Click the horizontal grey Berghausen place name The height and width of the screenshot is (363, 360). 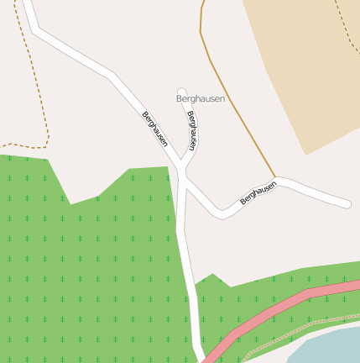click(201, 98)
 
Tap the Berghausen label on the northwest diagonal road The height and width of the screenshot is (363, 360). click(155, 129)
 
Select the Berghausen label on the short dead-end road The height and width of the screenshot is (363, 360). click(193, 130)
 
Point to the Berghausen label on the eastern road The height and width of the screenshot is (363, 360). click(258, 193)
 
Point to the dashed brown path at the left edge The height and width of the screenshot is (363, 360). click(38, 92)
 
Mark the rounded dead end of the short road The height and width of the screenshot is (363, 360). click(181, 91)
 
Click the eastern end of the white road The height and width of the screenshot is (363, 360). click(346, 203)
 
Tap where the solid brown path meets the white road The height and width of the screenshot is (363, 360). click(275, 178)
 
